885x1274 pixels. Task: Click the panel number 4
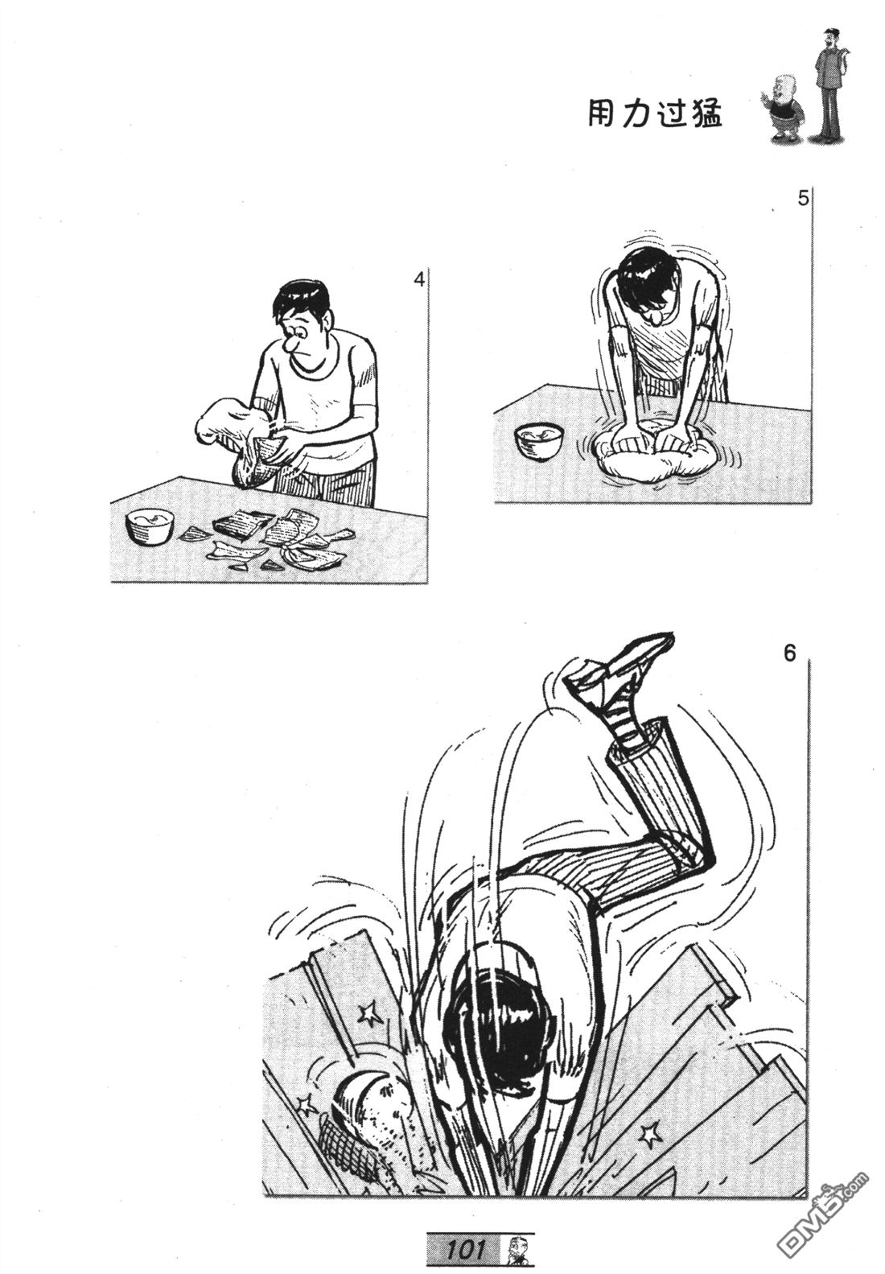click(x=419, y=280)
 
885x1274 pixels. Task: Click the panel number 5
click(x=802, y=200)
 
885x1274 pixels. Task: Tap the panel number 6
click(x=789, y=654)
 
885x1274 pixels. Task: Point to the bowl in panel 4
click(x=150, y=526)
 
